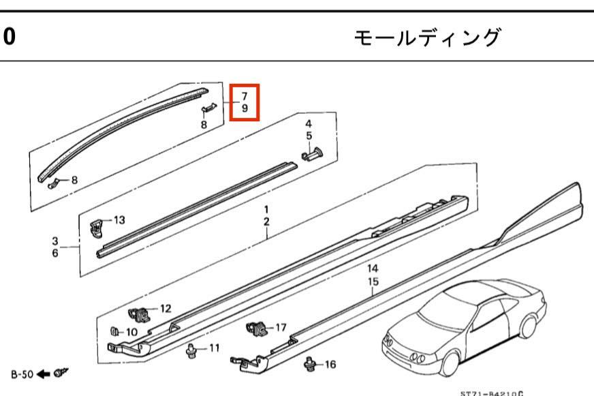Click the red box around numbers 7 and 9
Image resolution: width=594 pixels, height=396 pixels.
[245, 102]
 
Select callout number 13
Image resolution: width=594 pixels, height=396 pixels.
[119, 219]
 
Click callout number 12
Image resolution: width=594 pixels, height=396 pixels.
[166, 309]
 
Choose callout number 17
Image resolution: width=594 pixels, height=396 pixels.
[281, 327]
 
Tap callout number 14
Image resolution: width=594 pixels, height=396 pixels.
[373, 269]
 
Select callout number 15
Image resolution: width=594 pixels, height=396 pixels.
[373, 281]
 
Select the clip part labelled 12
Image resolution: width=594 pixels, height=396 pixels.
[140, 315]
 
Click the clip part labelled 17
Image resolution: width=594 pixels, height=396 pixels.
[257, 330]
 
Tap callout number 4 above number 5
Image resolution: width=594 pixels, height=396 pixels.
[308, 124]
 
